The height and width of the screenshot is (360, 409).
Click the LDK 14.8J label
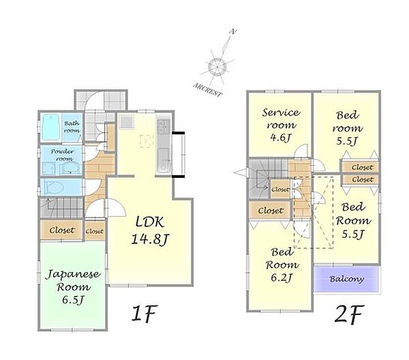(150, 230)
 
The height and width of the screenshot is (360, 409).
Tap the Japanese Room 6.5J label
(74, 287)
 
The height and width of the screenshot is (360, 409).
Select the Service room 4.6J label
(281, 125)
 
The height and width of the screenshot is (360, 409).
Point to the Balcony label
(347, 279)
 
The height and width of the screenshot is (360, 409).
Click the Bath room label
(72, 127)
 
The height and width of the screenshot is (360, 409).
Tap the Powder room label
(63, 155)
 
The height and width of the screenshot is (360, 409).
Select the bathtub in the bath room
(51, 127)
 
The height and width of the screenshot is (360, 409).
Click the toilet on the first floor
(55, 187)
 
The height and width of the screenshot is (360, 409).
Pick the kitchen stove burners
(164, 126)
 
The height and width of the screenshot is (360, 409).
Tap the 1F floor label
(145, 314)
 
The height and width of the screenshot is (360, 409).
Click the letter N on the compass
(233, 32)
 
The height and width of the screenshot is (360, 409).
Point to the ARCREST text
(208, 90)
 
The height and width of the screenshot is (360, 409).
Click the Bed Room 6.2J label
(282, 265)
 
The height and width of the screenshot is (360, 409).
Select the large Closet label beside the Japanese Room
(62, 230)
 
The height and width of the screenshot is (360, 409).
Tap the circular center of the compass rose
(217, 67)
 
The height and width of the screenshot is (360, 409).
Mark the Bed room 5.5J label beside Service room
(348, 128)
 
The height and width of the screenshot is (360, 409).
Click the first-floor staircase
(62, 207)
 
